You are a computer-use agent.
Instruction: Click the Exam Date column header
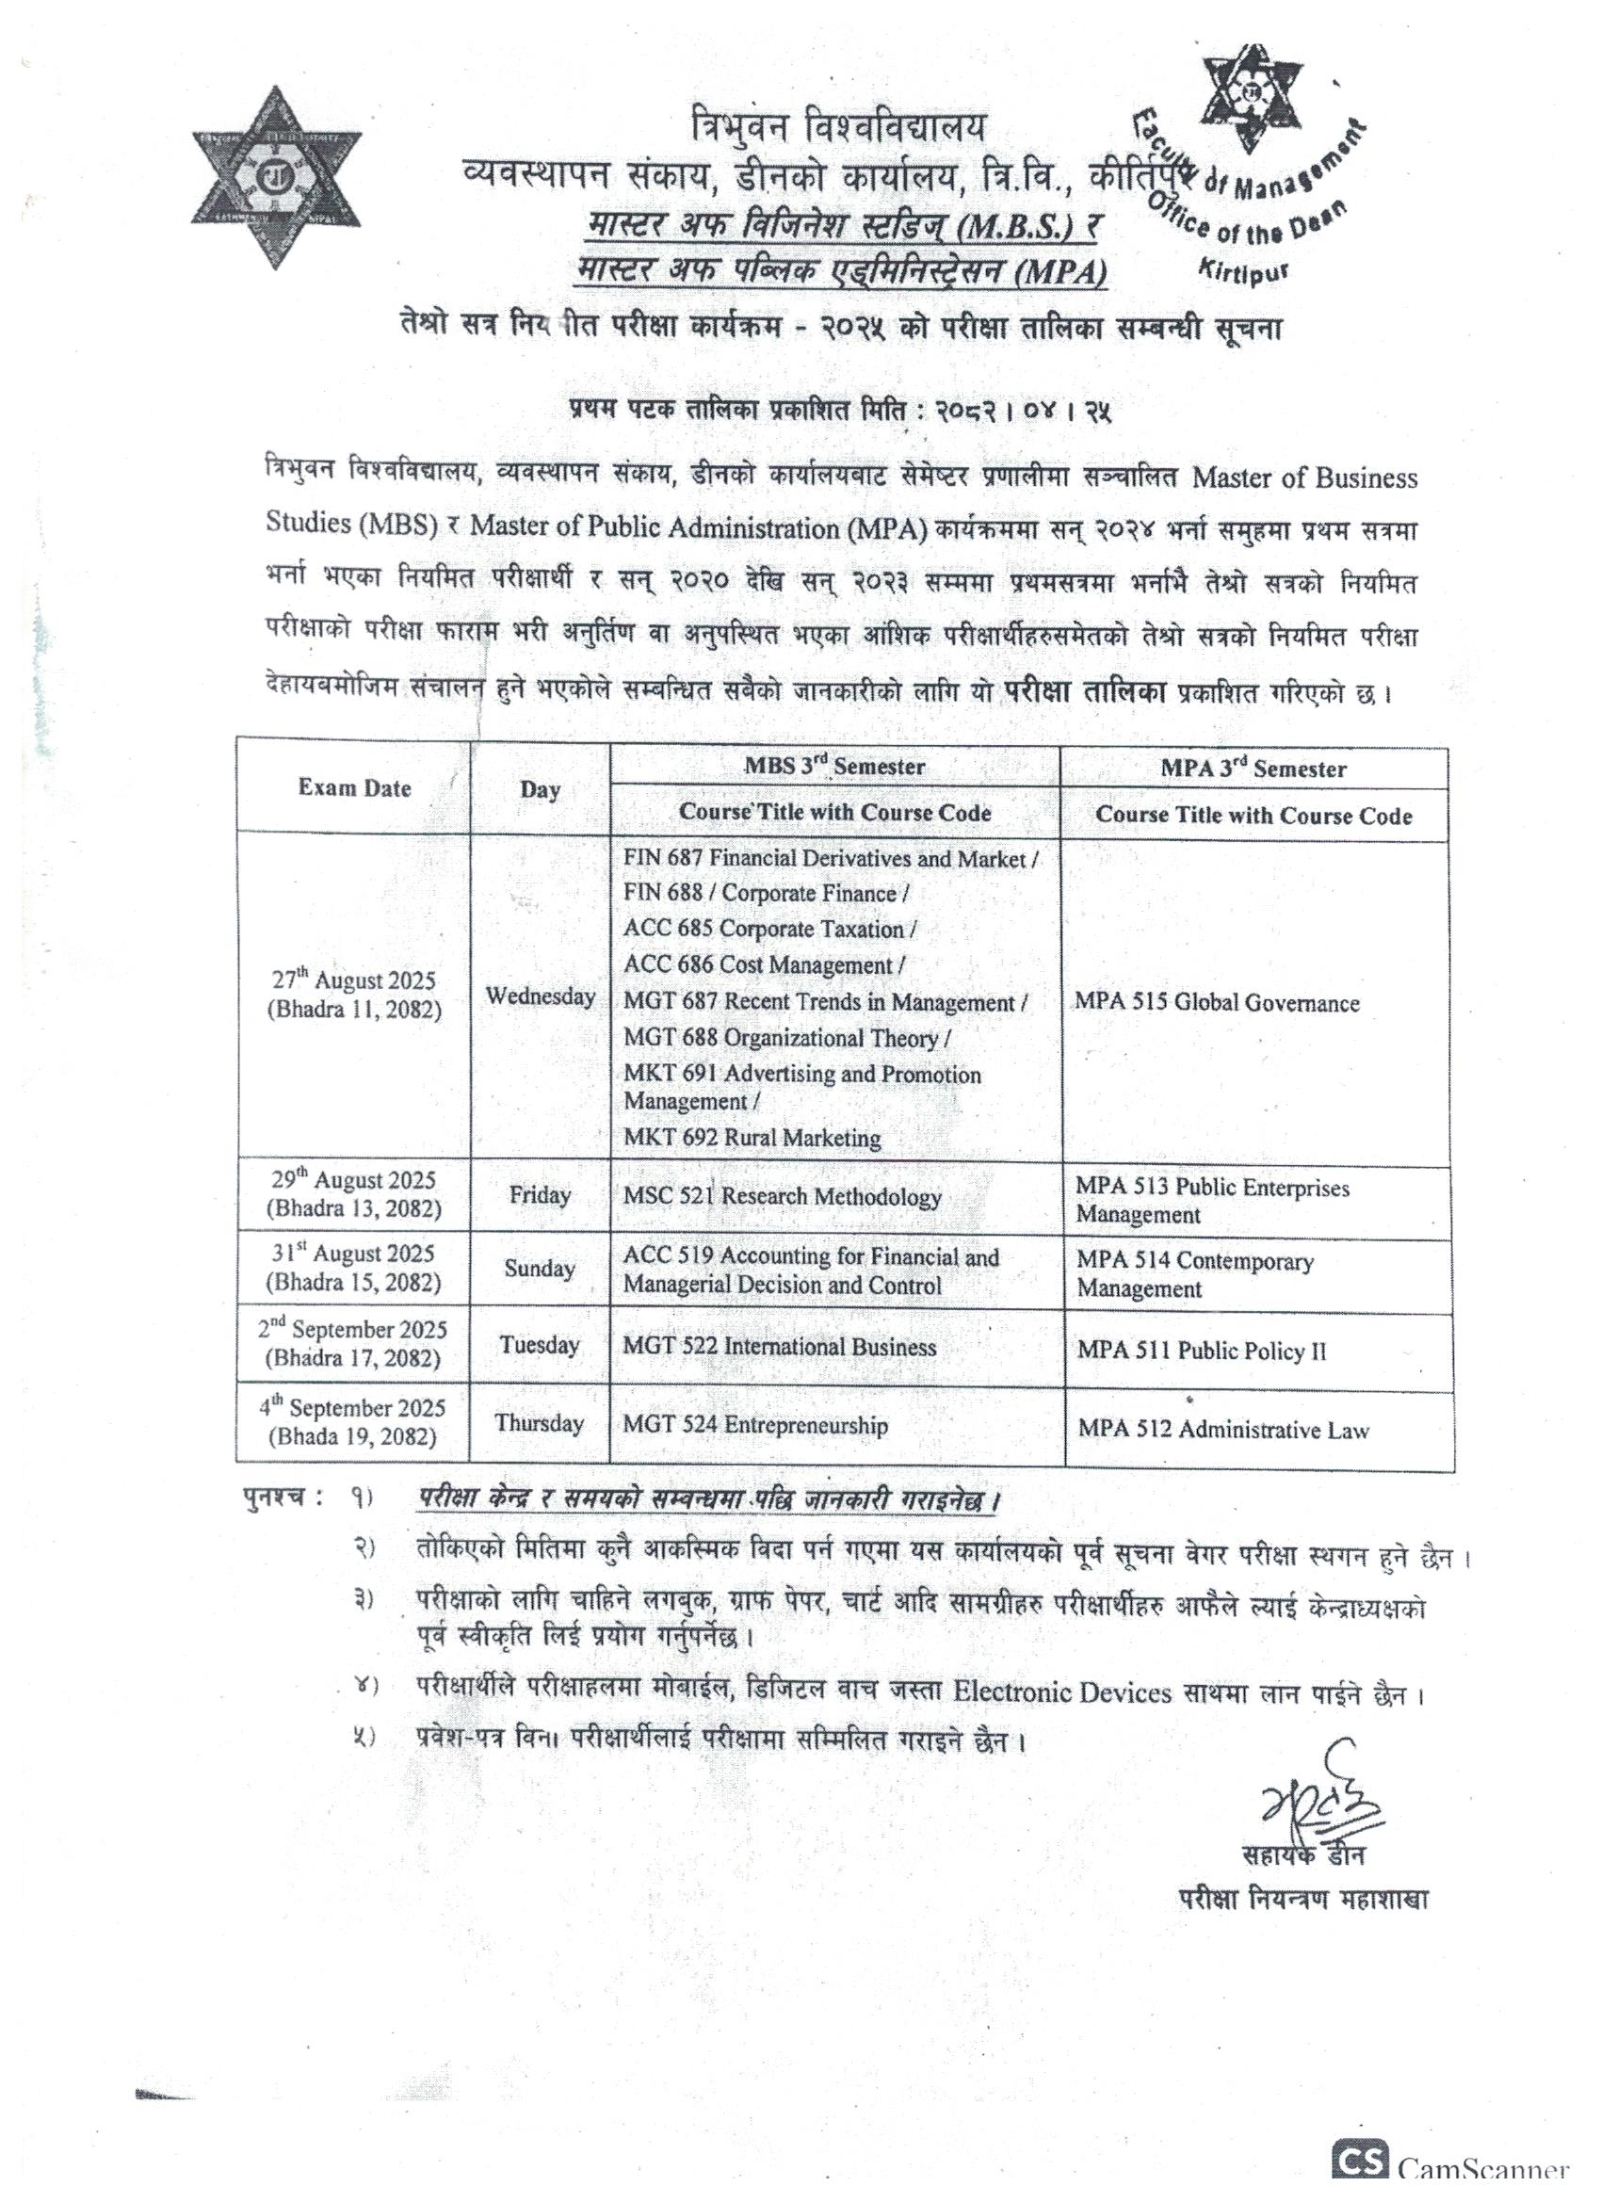tap(354, 788)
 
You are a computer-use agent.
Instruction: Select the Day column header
tap(540, 789)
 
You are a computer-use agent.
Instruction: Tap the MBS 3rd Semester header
tap(834, 767)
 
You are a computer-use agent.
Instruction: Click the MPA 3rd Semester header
tap(1253, 769)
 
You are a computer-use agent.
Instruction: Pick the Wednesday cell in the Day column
tap(540, 996)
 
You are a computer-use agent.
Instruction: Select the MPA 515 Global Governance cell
tap(1217, 1003)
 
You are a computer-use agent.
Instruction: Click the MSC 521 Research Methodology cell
tap(783, 1196)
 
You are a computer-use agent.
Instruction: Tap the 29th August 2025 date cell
tap(353, 1194)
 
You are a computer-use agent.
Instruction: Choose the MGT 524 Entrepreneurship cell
tap(755, 1425)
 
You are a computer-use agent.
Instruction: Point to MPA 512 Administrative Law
tap(1222, 1429)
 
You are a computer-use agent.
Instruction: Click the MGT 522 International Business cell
tap(780, 1347)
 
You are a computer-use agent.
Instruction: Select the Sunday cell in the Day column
tap(540, 1269)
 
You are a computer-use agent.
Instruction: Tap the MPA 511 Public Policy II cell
tap(1201, 1351)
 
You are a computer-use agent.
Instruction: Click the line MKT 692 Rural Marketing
tap(752, 1138)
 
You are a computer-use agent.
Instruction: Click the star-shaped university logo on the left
tap(276, 178)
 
